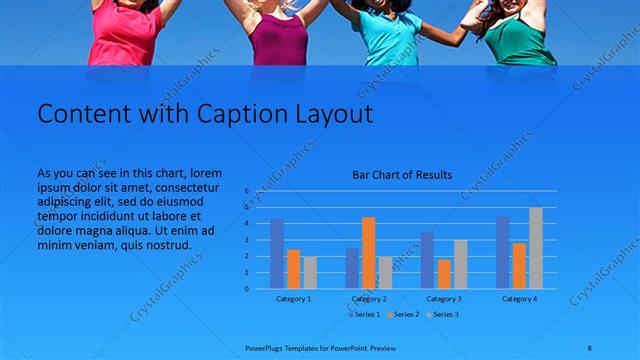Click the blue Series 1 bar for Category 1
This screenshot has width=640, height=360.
pos(277,254)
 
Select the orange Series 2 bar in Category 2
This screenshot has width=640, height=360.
pos(369,253)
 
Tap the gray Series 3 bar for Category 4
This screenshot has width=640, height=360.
pos(536,248)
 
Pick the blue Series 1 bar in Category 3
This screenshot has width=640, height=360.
pos(427,260)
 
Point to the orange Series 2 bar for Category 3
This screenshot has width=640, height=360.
pos(444,274)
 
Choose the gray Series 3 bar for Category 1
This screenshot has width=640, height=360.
pos(310,272)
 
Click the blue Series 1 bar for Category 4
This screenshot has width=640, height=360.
pos(503,252)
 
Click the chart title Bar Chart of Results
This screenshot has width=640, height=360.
pos(402,175)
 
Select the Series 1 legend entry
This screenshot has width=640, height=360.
pos(363,315)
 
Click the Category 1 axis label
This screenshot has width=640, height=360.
pos(293,299)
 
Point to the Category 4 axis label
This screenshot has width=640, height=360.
pos(519,299)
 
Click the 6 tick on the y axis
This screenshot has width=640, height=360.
pos(245,190)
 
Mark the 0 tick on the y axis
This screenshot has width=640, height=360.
pos(245,289)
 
